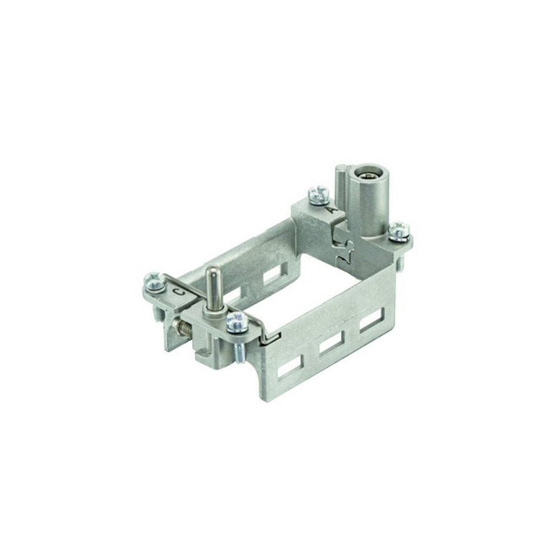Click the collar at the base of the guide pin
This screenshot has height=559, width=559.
tap(212, 312)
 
